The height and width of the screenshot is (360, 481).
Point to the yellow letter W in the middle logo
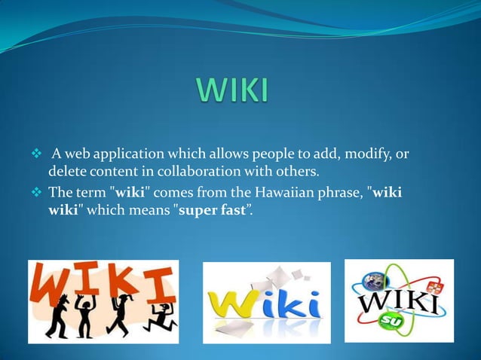pyautogui.click(x=233, y=305)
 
